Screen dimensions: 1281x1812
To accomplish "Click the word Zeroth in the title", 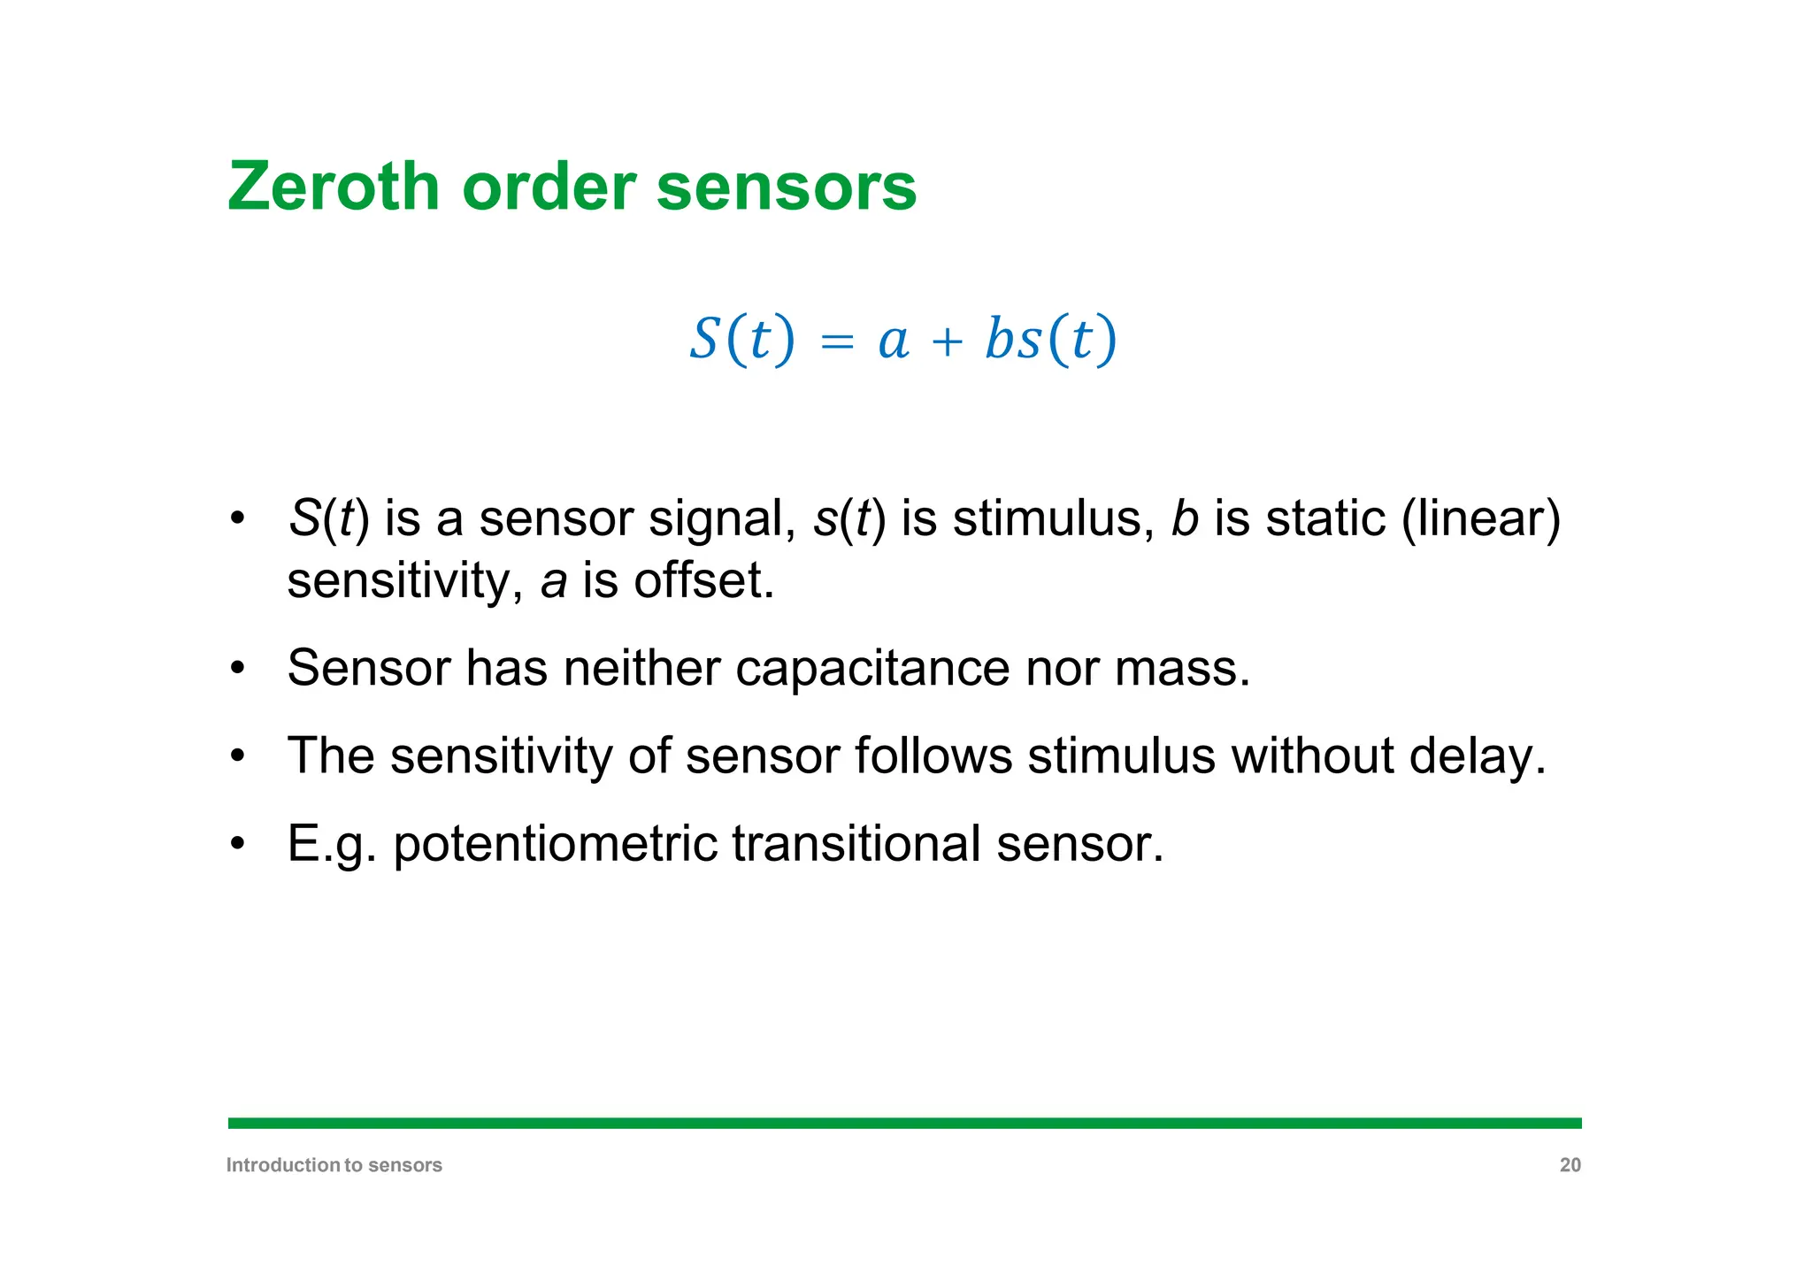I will tap(334, 187).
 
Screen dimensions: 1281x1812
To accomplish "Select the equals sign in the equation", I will tap(837, 341).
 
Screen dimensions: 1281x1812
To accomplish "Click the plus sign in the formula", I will tap(947, 341).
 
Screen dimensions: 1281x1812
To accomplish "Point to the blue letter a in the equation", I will tap(894, 343).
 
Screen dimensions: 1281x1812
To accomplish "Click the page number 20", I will tap(1570, 1165).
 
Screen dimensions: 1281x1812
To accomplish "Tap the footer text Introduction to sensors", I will tap(334, 1165).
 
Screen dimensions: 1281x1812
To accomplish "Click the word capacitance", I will tap(872, 668).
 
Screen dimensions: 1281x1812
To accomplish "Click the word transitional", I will tap(856, 844).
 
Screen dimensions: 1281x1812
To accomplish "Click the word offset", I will tap(703, 581).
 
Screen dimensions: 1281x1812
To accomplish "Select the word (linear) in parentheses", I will tap(1481, 518).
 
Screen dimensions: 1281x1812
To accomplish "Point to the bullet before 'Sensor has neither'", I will tap(236, 668).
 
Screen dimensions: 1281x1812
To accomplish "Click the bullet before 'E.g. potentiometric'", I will tap(236, 844).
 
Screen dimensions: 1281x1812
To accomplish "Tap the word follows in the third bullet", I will tap(933, 756).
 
